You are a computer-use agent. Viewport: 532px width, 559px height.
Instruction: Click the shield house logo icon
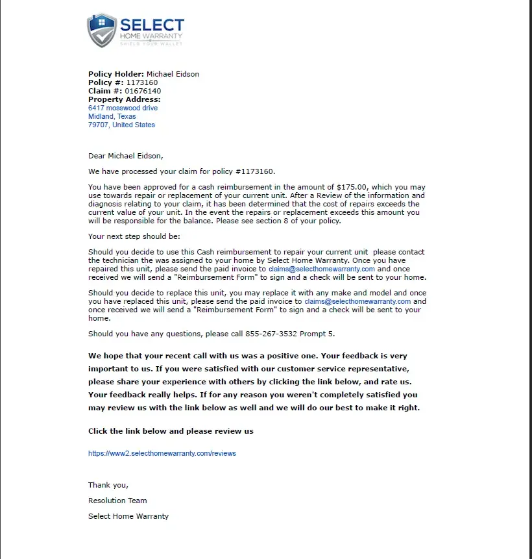[x=102, y=30]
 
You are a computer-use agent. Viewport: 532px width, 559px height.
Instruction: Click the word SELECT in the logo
[x=152, y=25]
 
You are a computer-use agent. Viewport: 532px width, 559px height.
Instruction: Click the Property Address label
[x=124, y=99]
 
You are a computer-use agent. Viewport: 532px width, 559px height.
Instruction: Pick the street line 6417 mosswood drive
[x=123, y=108]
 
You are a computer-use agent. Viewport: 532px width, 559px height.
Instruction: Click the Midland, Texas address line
[x=112, y=116]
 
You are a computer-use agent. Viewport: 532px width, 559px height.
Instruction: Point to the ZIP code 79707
[x=98, y=125]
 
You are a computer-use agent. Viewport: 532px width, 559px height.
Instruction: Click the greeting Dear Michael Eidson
[x=126, y=155]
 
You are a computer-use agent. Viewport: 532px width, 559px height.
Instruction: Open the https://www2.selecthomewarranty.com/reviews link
[x=162, y=453]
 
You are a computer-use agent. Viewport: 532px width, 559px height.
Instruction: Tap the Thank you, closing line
[x=108, y=485]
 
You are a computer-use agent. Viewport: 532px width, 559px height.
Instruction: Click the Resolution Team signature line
[x=117, y=501]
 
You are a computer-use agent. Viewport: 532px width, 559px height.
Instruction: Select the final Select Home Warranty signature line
[x=128, y=516]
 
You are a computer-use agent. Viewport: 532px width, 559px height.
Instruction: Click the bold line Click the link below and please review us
[x=171, y=431]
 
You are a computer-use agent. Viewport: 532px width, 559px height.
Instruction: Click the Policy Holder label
[x=116, y=74]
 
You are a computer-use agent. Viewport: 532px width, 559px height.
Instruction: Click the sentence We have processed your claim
[x=182, y=171]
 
